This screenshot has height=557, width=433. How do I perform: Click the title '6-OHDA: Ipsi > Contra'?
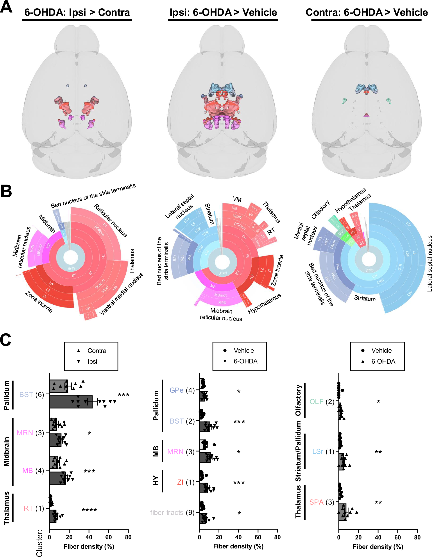pyautogui.click(x=77, y=13)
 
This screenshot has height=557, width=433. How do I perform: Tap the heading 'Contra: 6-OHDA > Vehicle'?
pyautogui.click(x=367, y=13)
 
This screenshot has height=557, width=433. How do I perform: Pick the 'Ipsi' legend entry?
pyautogui.click(x=92, y=361)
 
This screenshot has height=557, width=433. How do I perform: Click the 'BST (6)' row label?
pyautogui.click(x=32, y=395)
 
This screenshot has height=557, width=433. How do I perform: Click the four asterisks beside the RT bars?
pyautogui.click(x=89, y=510)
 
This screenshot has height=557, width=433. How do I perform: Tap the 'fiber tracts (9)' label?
pyautogui.click(x=172, y=512)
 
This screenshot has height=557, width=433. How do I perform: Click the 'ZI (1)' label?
pyautogui.click(x=186, y=482)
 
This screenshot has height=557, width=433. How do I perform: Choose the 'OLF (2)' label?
pyautogui.click(x=322, y=402)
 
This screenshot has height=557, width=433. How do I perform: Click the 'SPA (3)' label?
pyautogui.click(x=321, y=502)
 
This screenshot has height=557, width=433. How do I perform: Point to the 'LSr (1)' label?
pyautogui.click(x=323, y=451)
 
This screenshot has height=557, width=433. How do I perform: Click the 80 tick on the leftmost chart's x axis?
pyautogui.click(x=128, y=537)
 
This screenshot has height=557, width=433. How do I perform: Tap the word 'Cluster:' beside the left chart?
pyautogui.click(x=39, y=543)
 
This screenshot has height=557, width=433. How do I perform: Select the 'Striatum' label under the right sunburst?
pyautogui.click(x=365, y=298)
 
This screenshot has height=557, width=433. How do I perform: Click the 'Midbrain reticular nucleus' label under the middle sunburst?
pyautogui.click(x=221, y=314)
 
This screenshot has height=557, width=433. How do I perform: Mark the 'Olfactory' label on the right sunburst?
pyautogui.click(x=320, y=210)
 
